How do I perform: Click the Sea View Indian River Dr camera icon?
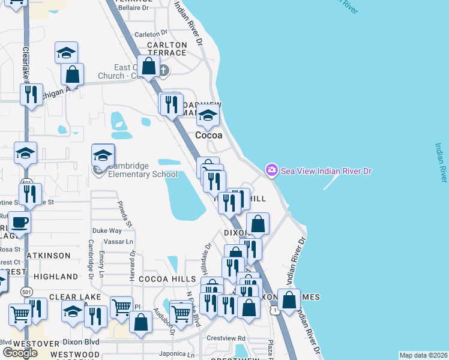(x=272, y=171)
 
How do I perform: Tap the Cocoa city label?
(x=209, y=136)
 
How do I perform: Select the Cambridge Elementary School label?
(x=143, y=170)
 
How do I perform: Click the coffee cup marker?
(x=19, y=223)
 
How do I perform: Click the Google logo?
(x=20, y=353)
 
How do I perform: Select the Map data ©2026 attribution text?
(x=423, y=355)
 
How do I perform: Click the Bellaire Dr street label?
(x=133, y=8)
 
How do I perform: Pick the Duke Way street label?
(x=107, y=230)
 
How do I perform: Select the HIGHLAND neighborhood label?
(x=56, y=277)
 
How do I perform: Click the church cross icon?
(x=163, y=71)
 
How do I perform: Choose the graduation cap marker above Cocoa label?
(x=208, y=116)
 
